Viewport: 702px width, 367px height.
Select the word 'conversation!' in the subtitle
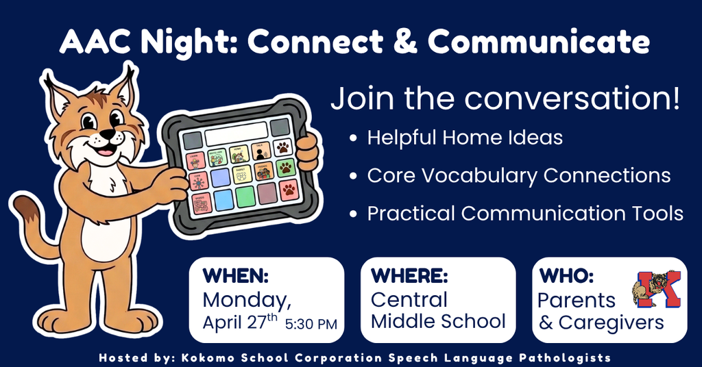coord(572,99)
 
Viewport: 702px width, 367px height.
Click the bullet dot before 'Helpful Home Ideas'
coord(353,138)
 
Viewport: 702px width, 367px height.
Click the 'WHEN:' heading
coord(235,277)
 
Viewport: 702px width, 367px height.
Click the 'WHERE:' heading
coord(409,277)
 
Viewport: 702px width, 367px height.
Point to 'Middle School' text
coord(438,321)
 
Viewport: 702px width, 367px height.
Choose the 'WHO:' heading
coord(566,277)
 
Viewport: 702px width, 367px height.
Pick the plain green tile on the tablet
coord(245,197)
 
